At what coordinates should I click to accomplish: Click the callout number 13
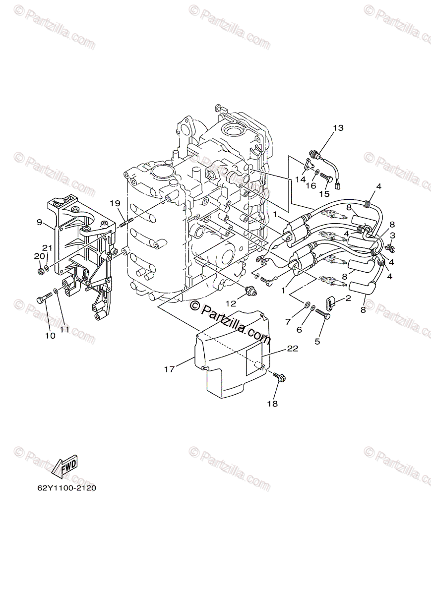pyautogui.click(x=338, y=128)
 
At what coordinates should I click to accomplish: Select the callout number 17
pyautogui.click(x=169, y=369)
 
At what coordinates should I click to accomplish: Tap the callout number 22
pyautogui.click(x=292, y=349)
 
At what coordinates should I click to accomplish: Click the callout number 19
pyautogui.click(x=115, y=203)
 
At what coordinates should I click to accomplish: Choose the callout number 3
pyautogui.click(x=392, y=235)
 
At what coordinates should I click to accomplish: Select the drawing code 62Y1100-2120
pyautogui.click(x=66, y=488)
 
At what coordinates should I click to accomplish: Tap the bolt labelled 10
pyautogui.click(x=44, y=298)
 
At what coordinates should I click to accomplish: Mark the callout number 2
pyautogui.click(x=348, y=298)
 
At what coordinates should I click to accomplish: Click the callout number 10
pyautogui.click(x=50, y=336)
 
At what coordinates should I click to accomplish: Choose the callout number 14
pyautogui.click(x=299, y=180)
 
